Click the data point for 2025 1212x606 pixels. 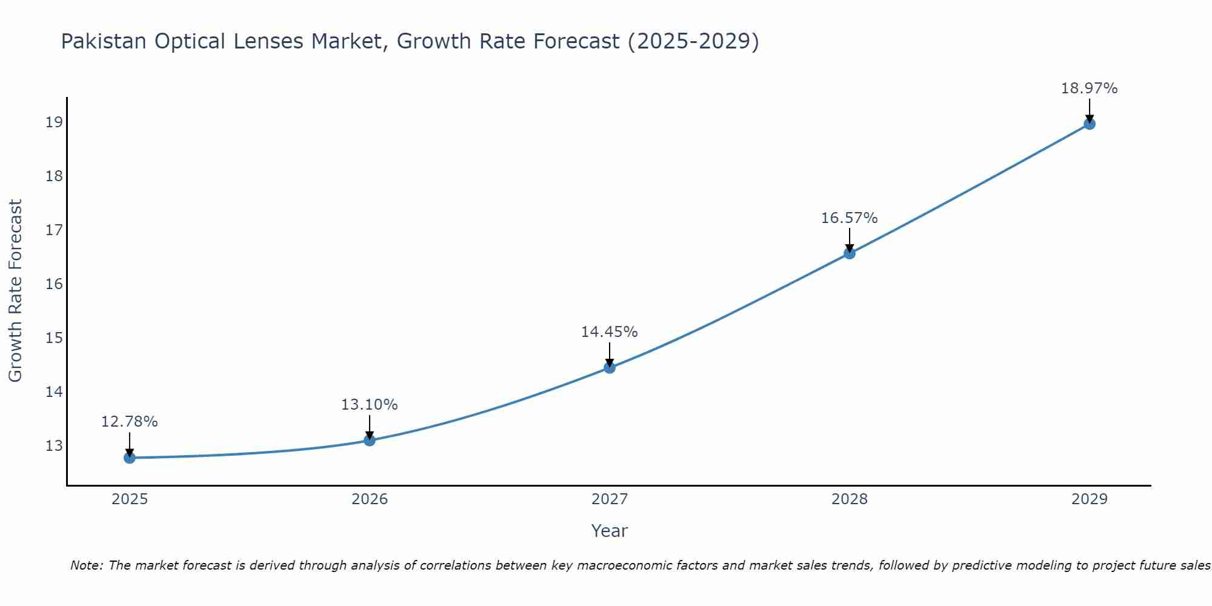(130, 458)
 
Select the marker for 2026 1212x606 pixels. (370, 440)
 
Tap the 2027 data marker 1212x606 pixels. (610, 367)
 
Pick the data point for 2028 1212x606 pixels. (850, 253)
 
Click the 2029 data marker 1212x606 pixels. (1089, 124)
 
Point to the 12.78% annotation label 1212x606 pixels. (130, 422)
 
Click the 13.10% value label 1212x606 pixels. (370, 405)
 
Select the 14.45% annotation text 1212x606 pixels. (610, 332)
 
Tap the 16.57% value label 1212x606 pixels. (850, 218)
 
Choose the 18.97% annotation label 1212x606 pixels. (1089, 88)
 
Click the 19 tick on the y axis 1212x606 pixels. (54, 122)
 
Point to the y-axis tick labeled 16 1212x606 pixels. (54, 284)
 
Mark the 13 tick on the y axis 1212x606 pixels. (54, 445)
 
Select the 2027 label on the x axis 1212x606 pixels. (610, 499)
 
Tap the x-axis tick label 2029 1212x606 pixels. (1089, 499)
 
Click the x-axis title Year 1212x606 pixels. (610, 531)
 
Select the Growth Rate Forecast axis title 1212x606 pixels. (16, 291)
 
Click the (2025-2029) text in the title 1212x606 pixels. (693, 41)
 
